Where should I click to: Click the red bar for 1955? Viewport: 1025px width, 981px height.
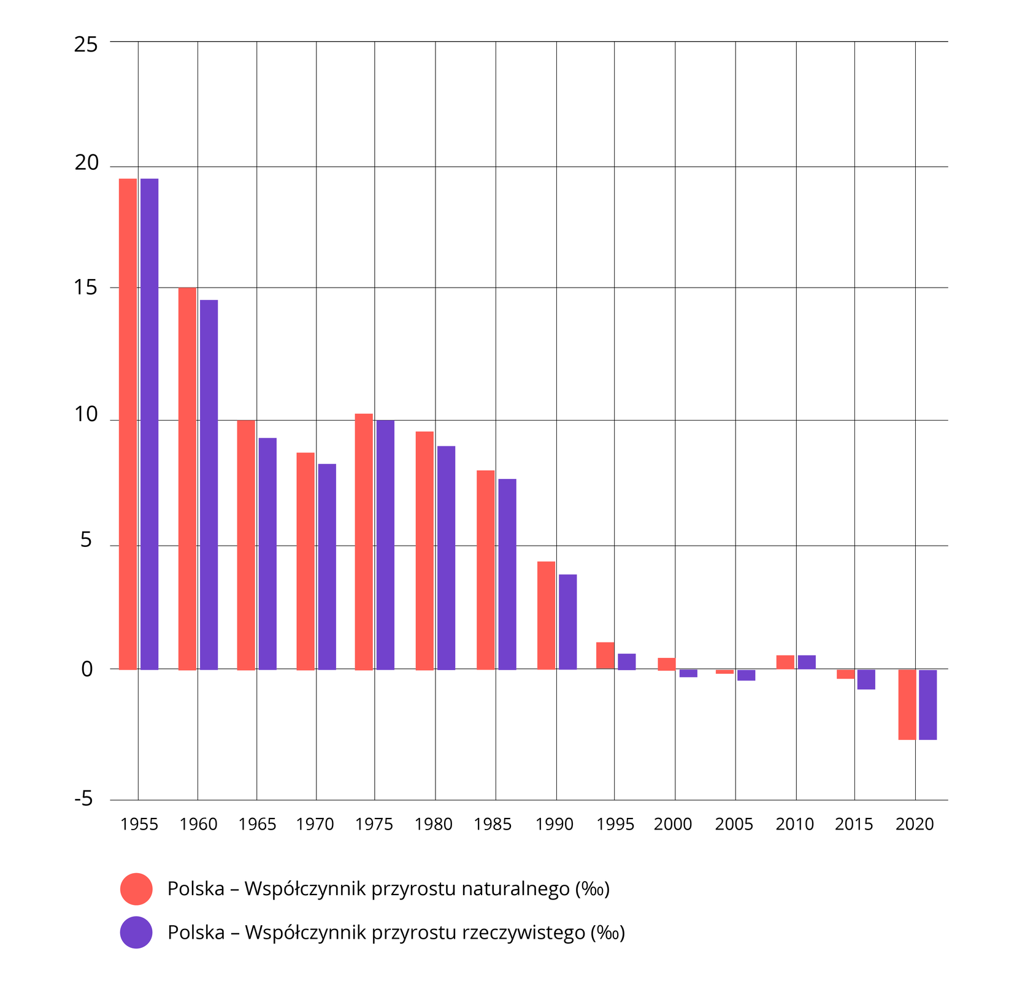(x=128, y=423)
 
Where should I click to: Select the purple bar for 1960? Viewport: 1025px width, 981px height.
(x=209, y=484)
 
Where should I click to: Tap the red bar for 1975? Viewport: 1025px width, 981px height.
(x=364, y=541)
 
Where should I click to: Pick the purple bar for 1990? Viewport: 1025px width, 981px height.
(x=567, y=622)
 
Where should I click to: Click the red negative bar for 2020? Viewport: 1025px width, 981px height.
(x=907, y=704)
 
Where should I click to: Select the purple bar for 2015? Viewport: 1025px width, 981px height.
(x=866, y=679)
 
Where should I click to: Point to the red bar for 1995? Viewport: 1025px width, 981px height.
(x=605, y=655)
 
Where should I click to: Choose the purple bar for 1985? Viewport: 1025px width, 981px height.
(x=507, y=574)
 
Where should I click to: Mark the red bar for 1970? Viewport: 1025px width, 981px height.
(x=305, y=561)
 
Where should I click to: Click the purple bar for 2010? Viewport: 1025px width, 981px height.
(x=807, y=662)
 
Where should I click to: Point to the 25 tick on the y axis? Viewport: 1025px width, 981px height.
(x=86, y=44)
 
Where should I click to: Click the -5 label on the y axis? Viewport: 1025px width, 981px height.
(x=83, y=800)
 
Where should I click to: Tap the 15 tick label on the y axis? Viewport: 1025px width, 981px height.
(x=86, y=288)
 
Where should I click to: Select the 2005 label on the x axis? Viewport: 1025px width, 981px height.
(x=734, y=825)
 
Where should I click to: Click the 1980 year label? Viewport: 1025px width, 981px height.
(x=433, y=825)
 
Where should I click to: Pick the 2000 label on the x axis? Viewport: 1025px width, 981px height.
(x=672, y=825)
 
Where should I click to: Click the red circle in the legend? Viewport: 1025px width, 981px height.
(x=136, y=888)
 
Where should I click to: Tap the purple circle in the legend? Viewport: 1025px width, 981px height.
(x=136, y=933)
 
